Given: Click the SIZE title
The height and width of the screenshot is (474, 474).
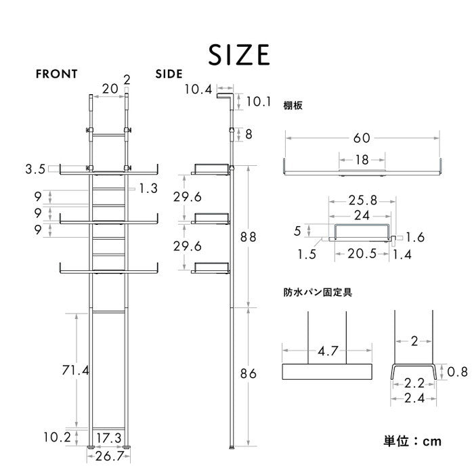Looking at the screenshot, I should click(x=239, y=53).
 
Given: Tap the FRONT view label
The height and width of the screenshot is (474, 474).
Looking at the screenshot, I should click(x=58, y=74).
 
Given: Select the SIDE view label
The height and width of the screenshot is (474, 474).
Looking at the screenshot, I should click(x=169, y=74).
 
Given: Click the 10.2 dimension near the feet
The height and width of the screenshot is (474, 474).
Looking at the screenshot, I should click(x=56, y=437).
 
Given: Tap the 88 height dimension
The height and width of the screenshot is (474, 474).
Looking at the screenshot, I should click(x=249, y=237).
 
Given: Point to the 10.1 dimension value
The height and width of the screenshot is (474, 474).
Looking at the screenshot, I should click(x=259, y=102).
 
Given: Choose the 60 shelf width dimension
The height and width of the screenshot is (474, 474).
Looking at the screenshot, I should click(x=362, y=138).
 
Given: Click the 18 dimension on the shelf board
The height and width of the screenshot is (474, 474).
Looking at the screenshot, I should click(x=362, y=160).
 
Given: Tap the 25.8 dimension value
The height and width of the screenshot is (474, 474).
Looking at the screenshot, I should click(x=362, y=201).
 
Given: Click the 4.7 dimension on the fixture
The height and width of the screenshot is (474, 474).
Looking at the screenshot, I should click(x=328, y=351).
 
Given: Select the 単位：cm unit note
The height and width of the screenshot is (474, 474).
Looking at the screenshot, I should click(x=412, y=441).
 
